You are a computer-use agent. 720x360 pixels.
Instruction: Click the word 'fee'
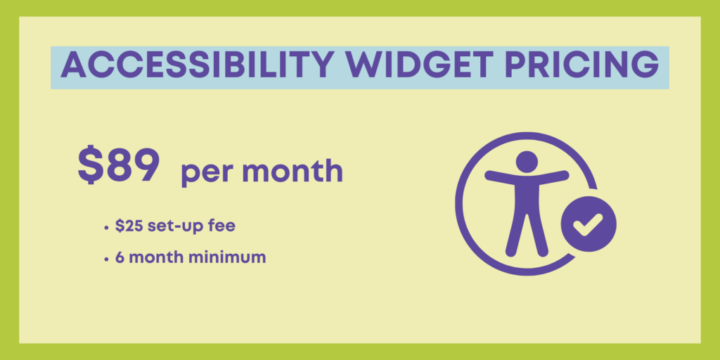coord(223,226)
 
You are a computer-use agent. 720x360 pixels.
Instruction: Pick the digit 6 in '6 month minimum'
coord(120,257)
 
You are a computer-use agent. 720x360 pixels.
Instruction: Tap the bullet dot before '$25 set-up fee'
coord(107,228)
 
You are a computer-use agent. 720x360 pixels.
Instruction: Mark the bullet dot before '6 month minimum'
coord(107,259)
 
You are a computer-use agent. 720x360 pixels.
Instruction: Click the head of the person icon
coord(527,162)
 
